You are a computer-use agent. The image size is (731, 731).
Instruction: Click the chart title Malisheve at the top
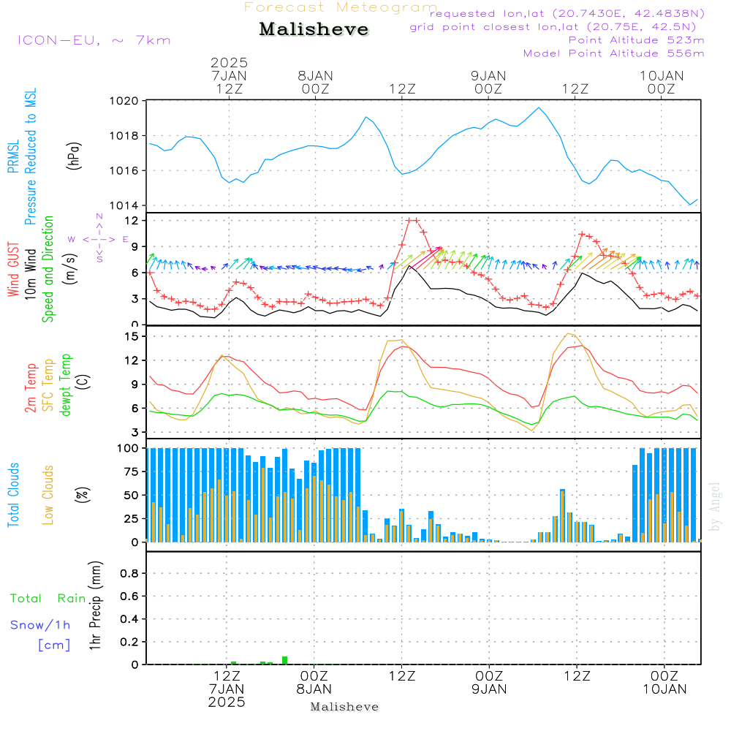[x=314, y=30]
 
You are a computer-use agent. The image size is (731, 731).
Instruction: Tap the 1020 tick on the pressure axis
[x=124, y=101]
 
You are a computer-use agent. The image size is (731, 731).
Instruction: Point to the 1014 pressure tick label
[x=124, y=205]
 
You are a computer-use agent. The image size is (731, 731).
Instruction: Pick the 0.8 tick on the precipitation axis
[x=130, y=574]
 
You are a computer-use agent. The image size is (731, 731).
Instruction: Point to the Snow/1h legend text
[x=40, y=625]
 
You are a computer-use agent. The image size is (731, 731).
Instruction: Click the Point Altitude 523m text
[x=636, y=40]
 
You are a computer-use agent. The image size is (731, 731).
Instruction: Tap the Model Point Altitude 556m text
[x=613, y=53]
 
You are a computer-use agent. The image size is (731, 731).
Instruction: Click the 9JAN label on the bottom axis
[x=489, y=689]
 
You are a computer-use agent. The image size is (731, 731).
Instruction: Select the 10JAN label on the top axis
[x=662, y=75]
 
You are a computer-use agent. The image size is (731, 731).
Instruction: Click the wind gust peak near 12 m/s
[x=412, y=220]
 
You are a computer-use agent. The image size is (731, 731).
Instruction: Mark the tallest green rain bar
[x=285, y=660]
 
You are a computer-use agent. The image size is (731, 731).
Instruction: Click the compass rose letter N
[x=99, y=216]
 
